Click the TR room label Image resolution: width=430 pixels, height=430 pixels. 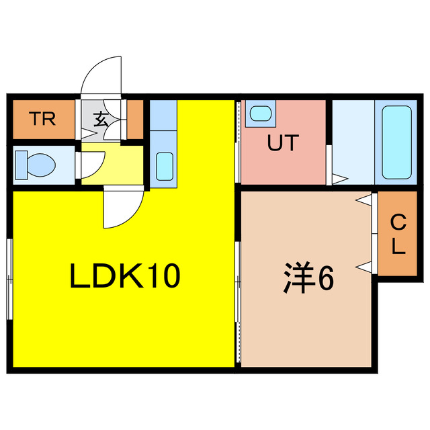pos(44,119)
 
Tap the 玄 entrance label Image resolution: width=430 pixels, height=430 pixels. pos(101,120)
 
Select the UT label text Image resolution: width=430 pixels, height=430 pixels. pos(283,142)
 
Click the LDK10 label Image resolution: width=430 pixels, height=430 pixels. pos(125,275)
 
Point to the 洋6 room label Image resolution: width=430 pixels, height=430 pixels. pos(308,277)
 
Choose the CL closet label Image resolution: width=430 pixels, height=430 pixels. pos(398,234)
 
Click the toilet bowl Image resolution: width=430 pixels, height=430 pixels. pos(36,165)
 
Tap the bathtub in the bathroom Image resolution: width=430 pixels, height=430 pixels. pos(396,142)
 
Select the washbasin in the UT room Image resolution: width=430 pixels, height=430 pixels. pos(261,114)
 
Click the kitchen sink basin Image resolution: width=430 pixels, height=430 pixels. pos(165,167)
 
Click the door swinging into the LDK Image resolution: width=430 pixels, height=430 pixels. pos(124,207)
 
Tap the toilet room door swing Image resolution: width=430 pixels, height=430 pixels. pos(93,165)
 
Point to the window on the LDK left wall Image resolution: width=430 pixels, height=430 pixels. pos(10,279)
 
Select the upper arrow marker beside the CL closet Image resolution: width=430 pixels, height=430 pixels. pos(364,200)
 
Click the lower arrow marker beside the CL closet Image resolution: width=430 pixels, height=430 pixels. pos(364,267)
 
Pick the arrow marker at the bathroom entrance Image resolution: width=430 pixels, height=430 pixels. pos(340,179)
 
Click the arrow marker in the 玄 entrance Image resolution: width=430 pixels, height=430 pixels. pos(89,134)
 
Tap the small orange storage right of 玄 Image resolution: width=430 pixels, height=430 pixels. pos(135,120)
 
